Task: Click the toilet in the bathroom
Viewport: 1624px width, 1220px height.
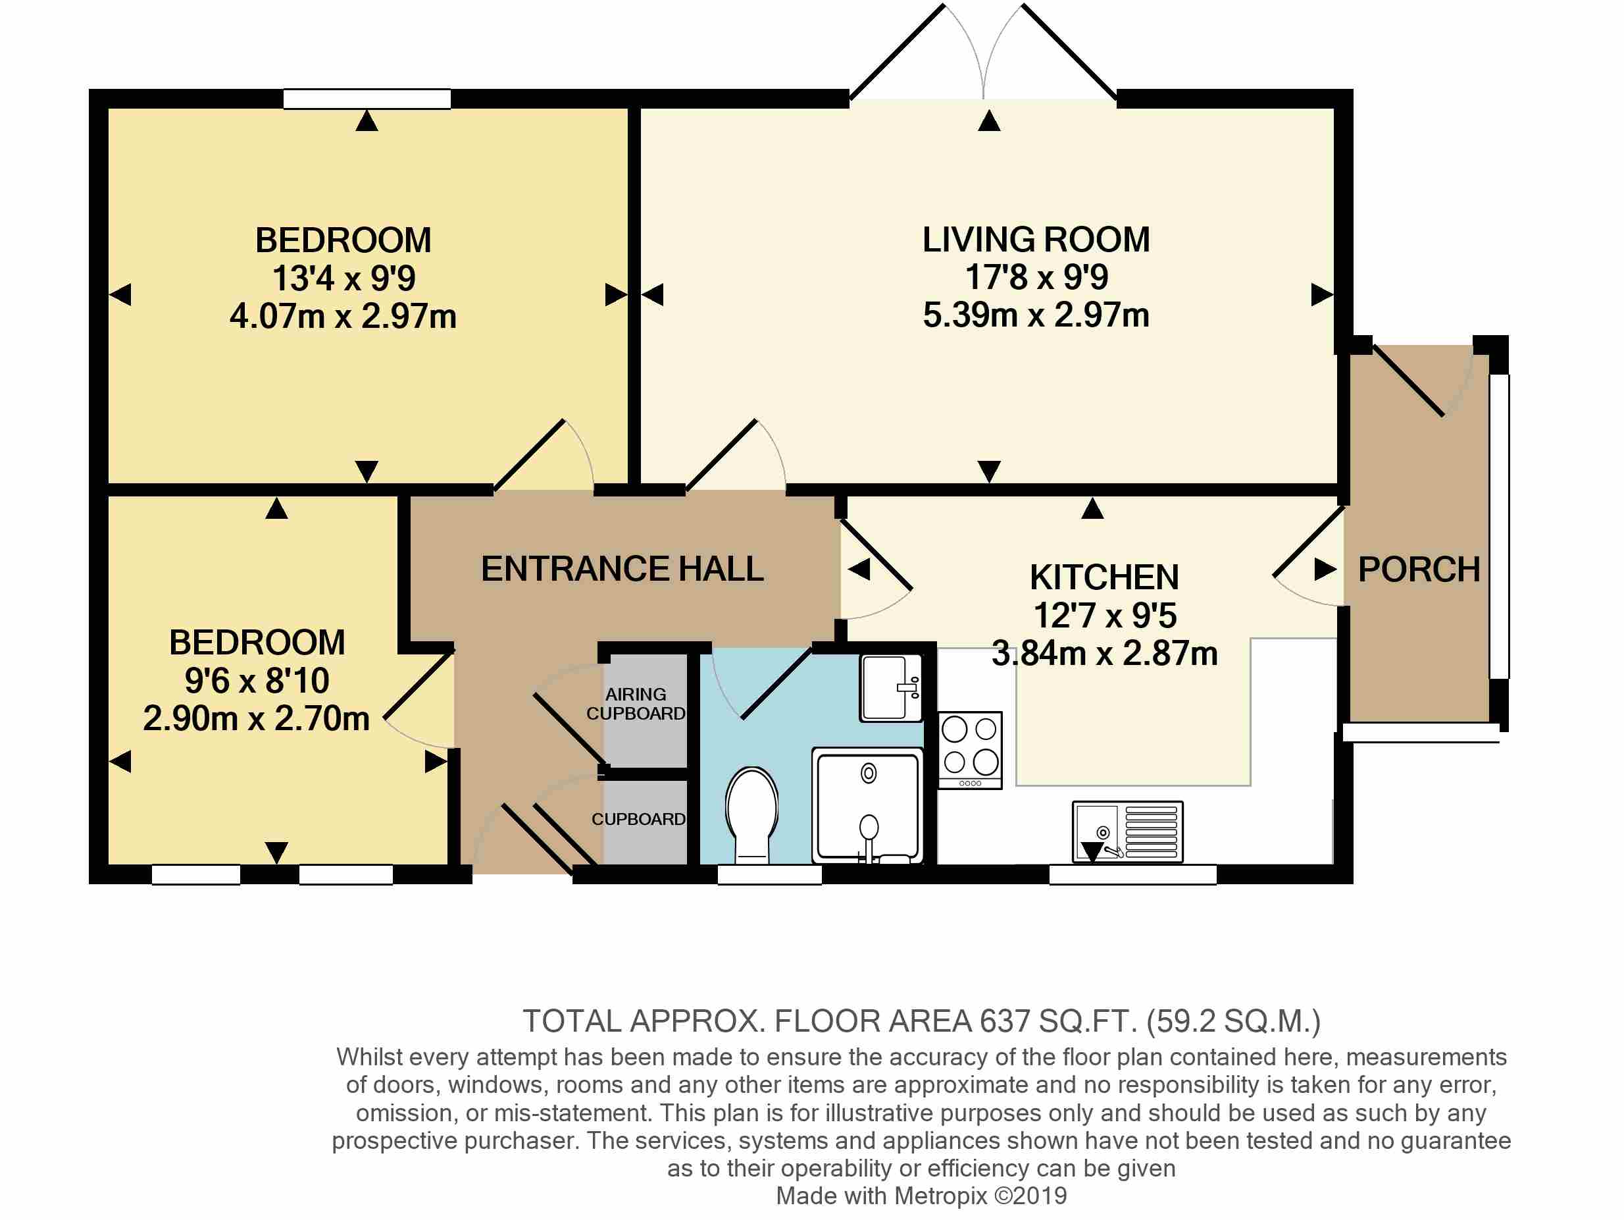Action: point(752,814)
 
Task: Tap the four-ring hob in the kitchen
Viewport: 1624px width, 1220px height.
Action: point(970,750)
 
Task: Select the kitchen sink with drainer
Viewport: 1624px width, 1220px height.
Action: point(1128,832)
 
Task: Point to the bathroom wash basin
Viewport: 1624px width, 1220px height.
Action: point(890,687)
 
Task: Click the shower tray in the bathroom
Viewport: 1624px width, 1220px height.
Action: point(867,806)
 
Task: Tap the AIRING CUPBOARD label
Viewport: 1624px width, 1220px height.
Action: point(636,704)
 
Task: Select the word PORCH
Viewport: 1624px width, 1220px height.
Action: point(1419,570)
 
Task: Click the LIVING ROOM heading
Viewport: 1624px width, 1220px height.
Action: point(1036,240)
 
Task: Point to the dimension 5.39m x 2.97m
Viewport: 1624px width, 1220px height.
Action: point(1036,315)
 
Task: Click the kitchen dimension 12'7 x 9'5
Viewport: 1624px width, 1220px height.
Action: point(1105,616)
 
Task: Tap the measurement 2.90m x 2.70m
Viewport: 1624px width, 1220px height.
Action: point(256,718)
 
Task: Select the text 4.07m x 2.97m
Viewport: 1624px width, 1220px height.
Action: point(343,317)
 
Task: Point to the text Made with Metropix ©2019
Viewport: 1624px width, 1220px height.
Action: point(921,1196)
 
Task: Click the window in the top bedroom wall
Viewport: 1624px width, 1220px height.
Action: point(367,98)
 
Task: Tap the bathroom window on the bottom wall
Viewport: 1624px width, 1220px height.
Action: point(769,874)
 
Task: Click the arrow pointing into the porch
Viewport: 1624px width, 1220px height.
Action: point(1325,570)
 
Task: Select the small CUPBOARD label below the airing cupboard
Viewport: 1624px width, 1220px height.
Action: point(639,819)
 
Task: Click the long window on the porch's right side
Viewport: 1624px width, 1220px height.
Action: point(1499,526)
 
